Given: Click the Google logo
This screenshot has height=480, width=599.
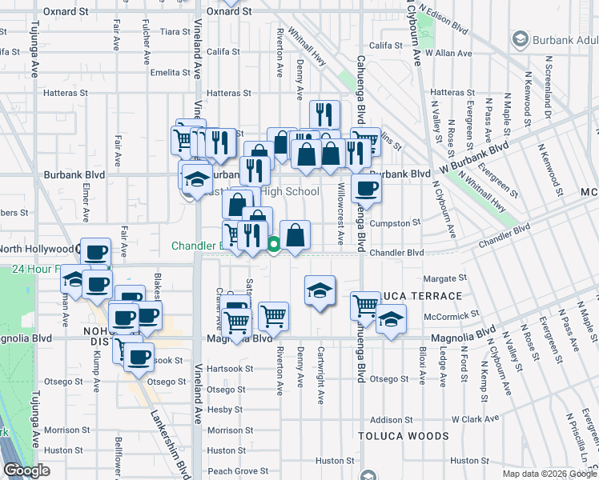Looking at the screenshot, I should point(26,470).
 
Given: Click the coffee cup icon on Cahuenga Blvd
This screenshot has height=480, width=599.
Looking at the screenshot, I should point(367,190).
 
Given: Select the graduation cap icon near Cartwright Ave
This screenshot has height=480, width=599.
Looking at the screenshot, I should point(320,290).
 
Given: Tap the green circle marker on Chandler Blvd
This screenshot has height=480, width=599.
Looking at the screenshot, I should point(274,245).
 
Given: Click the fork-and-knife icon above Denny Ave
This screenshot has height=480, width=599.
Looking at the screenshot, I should point(324,114).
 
